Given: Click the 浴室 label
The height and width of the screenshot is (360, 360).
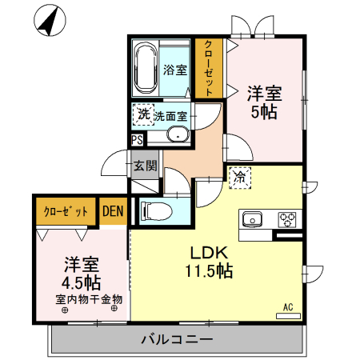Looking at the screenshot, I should (175, 70).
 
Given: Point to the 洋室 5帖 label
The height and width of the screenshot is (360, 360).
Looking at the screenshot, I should (264, 102).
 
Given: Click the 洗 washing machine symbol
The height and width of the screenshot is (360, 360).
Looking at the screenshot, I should (143, 116).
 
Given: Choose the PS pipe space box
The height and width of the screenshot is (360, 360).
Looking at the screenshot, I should (138, 139).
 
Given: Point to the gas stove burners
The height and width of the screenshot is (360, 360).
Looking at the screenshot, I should (287, 218).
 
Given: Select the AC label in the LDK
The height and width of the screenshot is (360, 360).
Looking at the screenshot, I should (288, 305).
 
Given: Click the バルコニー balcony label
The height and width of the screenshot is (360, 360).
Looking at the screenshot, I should (177, 339).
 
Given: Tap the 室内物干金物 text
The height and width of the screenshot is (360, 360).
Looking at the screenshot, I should (88, 299).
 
